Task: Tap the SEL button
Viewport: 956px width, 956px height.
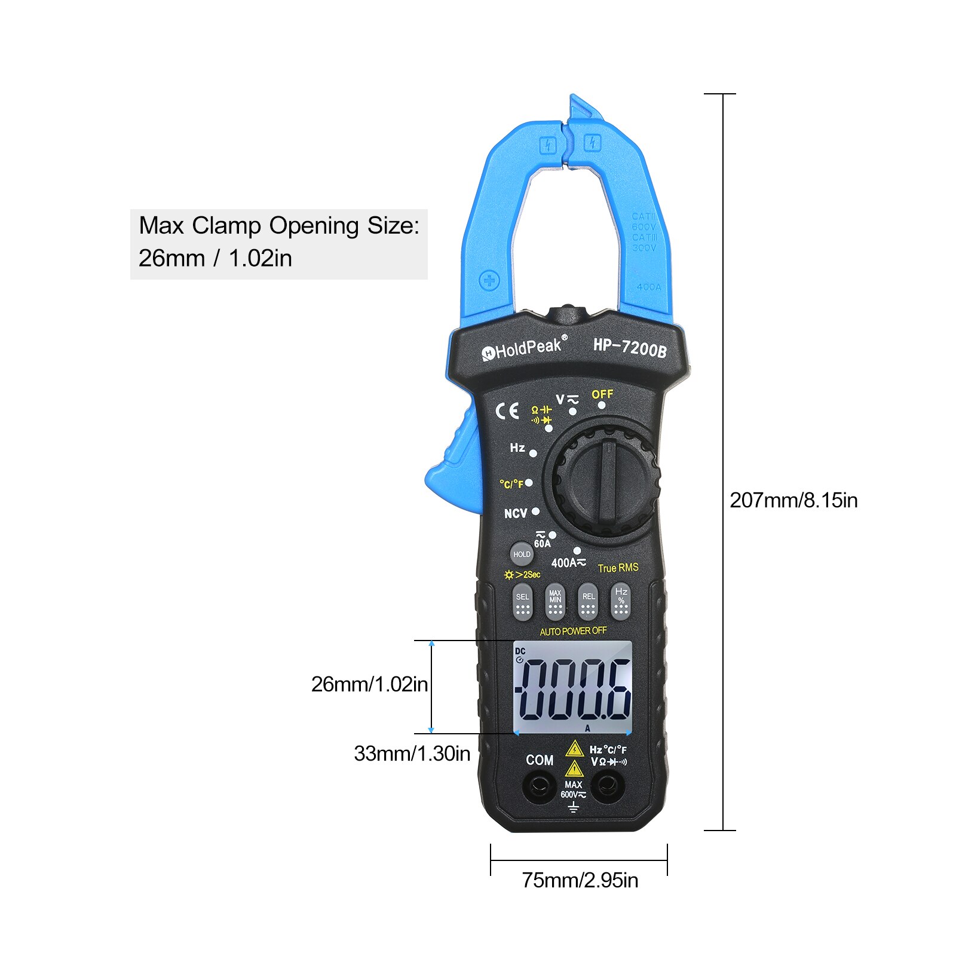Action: [x=523, y=602]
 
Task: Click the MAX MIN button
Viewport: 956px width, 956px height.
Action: [x=555, y=602]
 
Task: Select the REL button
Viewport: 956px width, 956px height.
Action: [x=588, y=602]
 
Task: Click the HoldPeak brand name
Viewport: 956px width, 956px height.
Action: [x=524, y=348]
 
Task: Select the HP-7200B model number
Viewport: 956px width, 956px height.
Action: [x=629, y=347]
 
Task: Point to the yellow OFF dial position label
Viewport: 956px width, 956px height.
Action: [x=602, y=394]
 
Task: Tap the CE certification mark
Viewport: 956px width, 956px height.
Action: [x=507, y=411]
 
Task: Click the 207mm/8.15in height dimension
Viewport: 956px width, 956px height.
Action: [x=793, y=500]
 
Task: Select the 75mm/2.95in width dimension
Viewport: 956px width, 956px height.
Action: [x=580, y=880]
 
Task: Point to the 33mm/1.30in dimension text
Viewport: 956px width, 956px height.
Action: [x=412, y=753]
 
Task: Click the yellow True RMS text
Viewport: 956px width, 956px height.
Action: [x=618, y=568]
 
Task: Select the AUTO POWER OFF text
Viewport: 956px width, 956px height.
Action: [x=573, y=631]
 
